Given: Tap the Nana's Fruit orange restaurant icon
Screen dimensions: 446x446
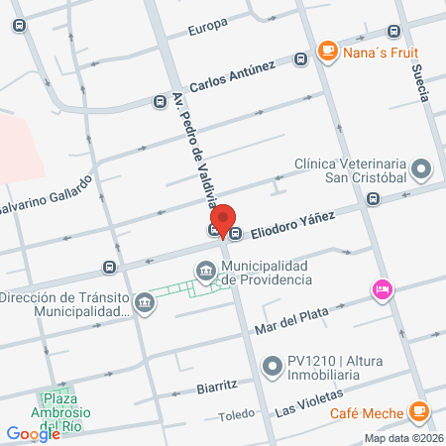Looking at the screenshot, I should (327, 50).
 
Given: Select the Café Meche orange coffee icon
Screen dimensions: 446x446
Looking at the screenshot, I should (419, 409).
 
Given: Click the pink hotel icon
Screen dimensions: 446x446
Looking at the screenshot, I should (381, 289).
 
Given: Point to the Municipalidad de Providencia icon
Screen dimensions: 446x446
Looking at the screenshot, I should (205, 270).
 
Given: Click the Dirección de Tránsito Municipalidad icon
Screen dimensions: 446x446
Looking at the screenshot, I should (144, 300).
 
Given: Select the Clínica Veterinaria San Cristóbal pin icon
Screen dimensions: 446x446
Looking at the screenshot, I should (421, 167).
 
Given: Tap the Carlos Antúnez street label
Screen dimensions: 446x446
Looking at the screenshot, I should (232, 76).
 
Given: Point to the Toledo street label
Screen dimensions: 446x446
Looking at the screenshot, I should (236, 417).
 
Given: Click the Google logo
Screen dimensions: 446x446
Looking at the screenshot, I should (34, 433).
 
